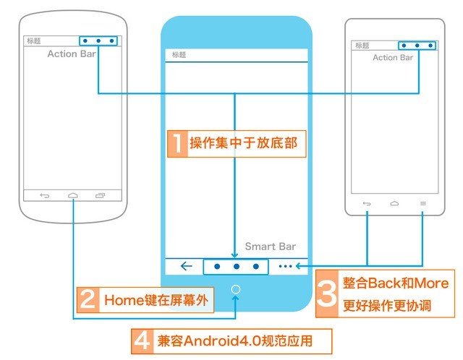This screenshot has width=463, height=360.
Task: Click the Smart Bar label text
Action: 270,246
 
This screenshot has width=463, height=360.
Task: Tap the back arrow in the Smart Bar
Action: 187,266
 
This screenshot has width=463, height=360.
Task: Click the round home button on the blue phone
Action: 236,289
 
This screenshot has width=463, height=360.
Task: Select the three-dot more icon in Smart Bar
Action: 285,266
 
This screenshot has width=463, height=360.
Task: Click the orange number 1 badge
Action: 177,144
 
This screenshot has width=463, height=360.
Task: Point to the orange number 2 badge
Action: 88,300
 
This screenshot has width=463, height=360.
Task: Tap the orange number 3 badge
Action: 327,293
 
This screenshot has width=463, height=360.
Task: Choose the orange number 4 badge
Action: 143,341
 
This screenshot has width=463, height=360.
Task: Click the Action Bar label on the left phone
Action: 72,53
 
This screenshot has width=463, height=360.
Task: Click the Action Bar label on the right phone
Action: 393,58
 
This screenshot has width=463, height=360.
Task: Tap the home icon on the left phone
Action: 72,195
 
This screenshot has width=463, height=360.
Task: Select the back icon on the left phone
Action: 45,195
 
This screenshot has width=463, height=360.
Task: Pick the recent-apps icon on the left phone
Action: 100,195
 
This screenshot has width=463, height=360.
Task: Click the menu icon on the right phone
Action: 423,203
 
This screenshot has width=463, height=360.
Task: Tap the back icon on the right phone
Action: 367,203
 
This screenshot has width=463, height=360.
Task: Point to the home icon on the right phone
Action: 394,203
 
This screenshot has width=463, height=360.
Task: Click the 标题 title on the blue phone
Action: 179,55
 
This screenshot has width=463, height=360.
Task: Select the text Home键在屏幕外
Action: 156,301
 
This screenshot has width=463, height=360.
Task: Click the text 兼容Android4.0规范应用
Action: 235,341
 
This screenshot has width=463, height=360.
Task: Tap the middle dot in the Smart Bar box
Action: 237,267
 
